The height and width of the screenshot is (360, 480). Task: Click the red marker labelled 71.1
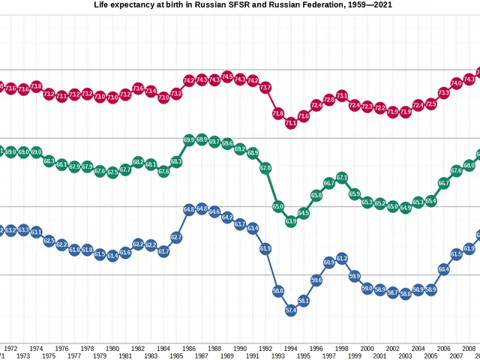pos(291,123)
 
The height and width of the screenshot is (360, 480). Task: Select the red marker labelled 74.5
pos(227,76)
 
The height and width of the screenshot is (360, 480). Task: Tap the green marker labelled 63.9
pos(291,221)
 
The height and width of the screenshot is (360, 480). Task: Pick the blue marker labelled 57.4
pos(291,310)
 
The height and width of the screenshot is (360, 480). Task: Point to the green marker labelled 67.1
pos(342,178)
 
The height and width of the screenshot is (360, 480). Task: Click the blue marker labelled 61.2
pos(342,258)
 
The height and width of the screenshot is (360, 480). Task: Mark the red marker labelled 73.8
pos(36,86)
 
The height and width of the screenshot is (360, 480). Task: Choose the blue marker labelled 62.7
pos(176,237)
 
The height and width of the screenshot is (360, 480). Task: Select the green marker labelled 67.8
pos(265,169)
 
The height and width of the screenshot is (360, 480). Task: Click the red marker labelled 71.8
pos(278,114)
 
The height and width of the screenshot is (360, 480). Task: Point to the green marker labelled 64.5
pos(304,214)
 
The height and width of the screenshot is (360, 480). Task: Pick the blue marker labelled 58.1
pos(304,301)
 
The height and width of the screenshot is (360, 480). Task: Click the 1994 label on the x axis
pos(291,348)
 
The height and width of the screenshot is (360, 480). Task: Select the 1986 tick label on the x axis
pos(189,348)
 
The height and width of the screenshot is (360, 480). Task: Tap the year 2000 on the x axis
pos(367,348)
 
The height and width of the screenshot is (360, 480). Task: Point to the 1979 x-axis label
pos(100,355)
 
